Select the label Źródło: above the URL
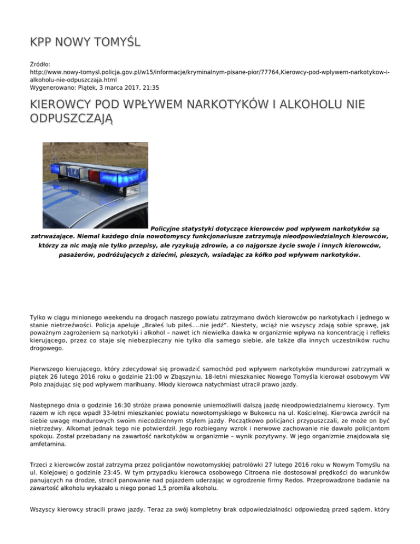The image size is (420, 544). [39, 64]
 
